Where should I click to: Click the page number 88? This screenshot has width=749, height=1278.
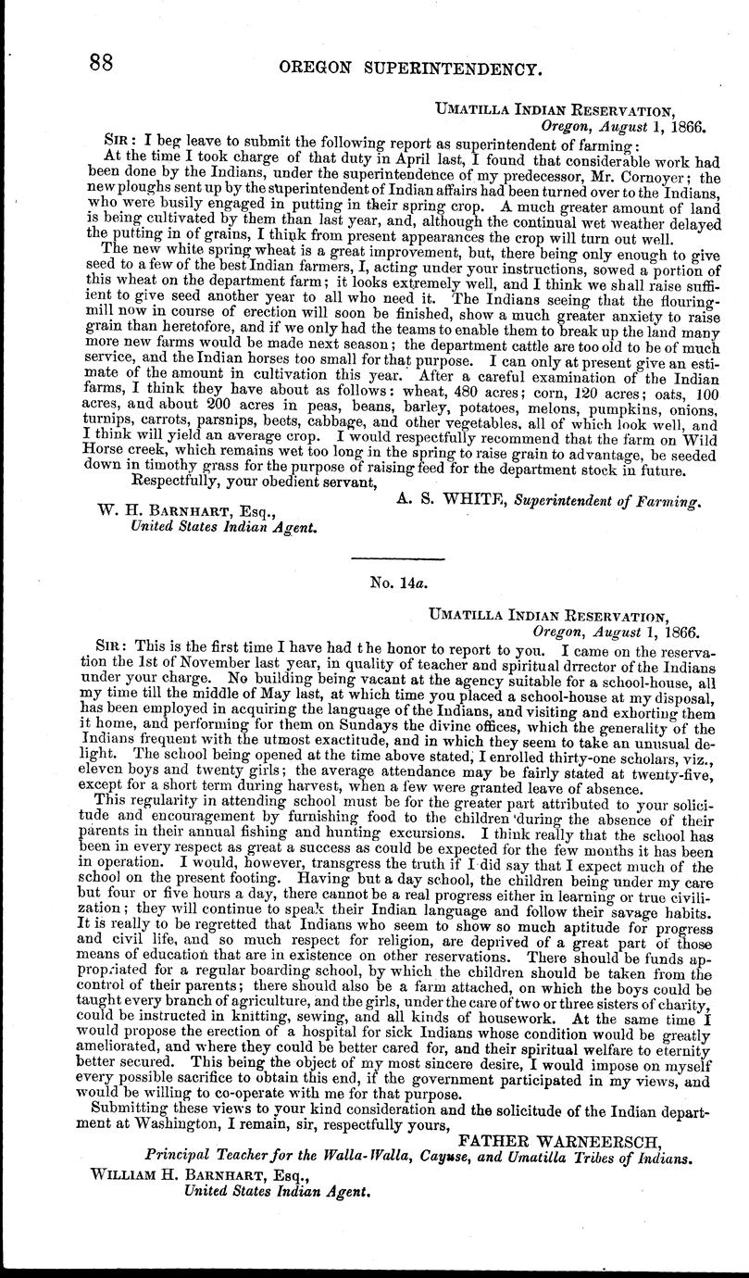pyautogui.click(x=101, y=63)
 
